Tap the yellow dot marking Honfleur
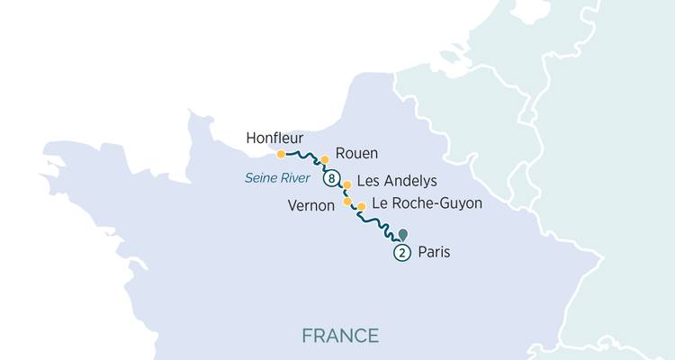[x=281, y=154]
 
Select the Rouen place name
[x=355, y=153]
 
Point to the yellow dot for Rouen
[x=325, y=160]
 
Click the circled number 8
[x=333, y=179]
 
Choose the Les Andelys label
[x=397, y=181]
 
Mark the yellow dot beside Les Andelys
[x=347, y=184]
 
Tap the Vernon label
[x=311, y=205]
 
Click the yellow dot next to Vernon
[x=347, y=202]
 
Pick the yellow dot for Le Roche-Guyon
[x=361, y=207]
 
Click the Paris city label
[x=433, y=254]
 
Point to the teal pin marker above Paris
[x=401, y=234]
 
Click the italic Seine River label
[x=277, y=179]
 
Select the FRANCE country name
[x=340, y=336]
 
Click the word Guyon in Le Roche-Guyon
[x=462, y=204]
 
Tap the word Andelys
[x=410, y=181]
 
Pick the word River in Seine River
[x=294, y=179]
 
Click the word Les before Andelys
[x=368, y=181]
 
